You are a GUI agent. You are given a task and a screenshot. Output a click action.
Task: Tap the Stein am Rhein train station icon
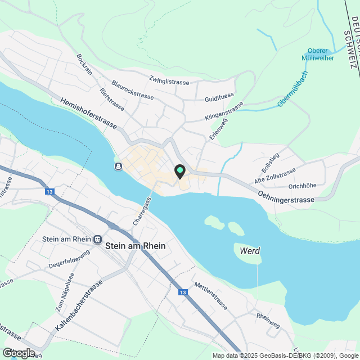click(x=98, y=239)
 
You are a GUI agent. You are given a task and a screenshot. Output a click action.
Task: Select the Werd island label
click(x=249, y=251)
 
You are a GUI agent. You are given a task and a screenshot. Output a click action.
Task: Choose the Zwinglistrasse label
click(x=169, y=82)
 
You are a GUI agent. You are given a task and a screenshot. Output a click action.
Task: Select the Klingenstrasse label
click(x=224, y=111)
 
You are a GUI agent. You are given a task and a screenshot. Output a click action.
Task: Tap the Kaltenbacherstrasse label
click(x=79, y=304)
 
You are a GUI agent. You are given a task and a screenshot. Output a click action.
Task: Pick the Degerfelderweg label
click(x=69, y=259)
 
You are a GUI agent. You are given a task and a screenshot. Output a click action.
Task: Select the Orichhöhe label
click(x=302, y=186)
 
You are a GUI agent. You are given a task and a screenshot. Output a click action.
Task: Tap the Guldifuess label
click(x=219, y=96)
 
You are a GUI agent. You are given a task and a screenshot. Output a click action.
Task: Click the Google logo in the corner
click(x=18, y=353)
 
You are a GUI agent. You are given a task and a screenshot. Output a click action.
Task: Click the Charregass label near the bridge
click(x=142, y=211)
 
